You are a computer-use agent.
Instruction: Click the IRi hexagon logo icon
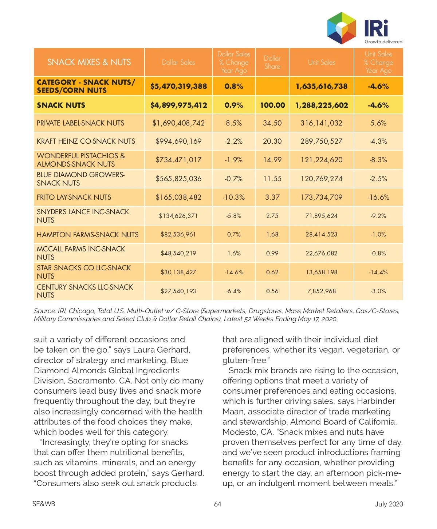341,28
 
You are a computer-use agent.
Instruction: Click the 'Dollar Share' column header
272,62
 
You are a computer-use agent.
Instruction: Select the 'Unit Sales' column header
322,62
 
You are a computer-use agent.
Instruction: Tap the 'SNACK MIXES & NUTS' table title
89,62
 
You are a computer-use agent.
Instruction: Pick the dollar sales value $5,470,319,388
178,86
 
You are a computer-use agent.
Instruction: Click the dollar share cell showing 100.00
272,105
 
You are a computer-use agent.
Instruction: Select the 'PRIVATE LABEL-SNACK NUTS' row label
80,123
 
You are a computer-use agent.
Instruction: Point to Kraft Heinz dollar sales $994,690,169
178,141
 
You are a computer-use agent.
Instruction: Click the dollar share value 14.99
272,160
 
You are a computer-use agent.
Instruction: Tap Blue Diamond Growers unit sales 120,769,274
322,179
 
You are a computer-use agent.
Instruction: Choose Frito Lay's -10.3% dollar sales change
234,197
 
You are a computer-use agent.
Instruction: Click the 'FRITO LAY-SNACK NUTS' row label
74,197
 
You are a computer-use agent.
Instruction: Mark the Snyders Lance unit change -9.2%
378,216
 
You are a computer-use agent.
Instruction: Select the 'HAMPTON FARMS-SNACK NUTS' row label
87,235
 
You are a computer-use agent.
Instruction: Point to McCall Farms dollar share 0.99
272,253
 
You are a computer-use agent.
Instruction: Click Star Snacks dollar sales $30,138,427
178,272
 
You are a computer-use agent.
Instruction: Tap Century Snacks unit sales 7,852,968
322,291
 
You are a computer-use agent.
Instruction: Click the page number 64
218,504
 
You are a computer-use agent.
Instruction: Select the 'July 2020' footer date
389,504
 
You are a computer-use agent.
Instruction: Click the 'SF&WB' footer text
44,504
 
